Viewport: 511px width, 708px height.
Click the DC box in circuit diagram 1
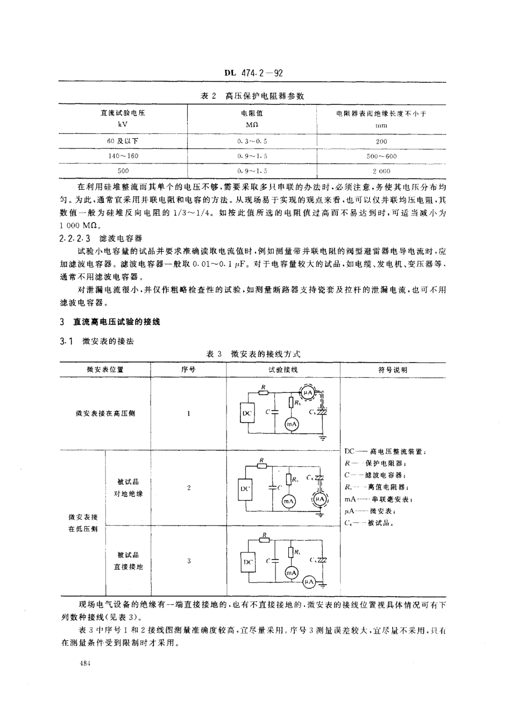pyautogui.click(x=247, y=413)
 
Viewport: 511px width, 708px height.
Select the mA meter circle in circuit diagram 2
pyautogui.click(x=288, y=501)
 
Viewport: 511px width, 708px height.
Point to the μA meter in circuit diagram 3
pyautogui.click(x=308, y=582)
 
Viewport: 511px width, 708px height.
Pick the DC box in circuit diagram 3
pyautogui.click(x=247, y=562)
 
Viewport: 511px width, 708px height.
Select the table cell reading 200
pyautogui.click(x=381, y=141)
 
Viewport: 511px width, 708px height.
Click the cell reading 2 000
pyautogui.click(x=381, y=171)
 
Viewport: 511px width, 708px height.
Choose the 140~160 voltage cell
pyautogui.click(x=123, y=156)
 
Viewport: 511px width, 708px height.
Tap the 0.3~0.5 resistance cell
pyautogui.click(x=252, y=141)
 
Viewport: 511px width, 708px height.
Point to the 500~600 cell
pyautogui.click(x=381, y=156)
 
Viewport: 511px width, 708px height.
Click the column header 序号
pyautogui.click(x=188, y=370)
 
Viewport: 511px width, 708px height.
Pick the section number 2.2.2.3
pyautogui.click(x=77, y=237)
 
